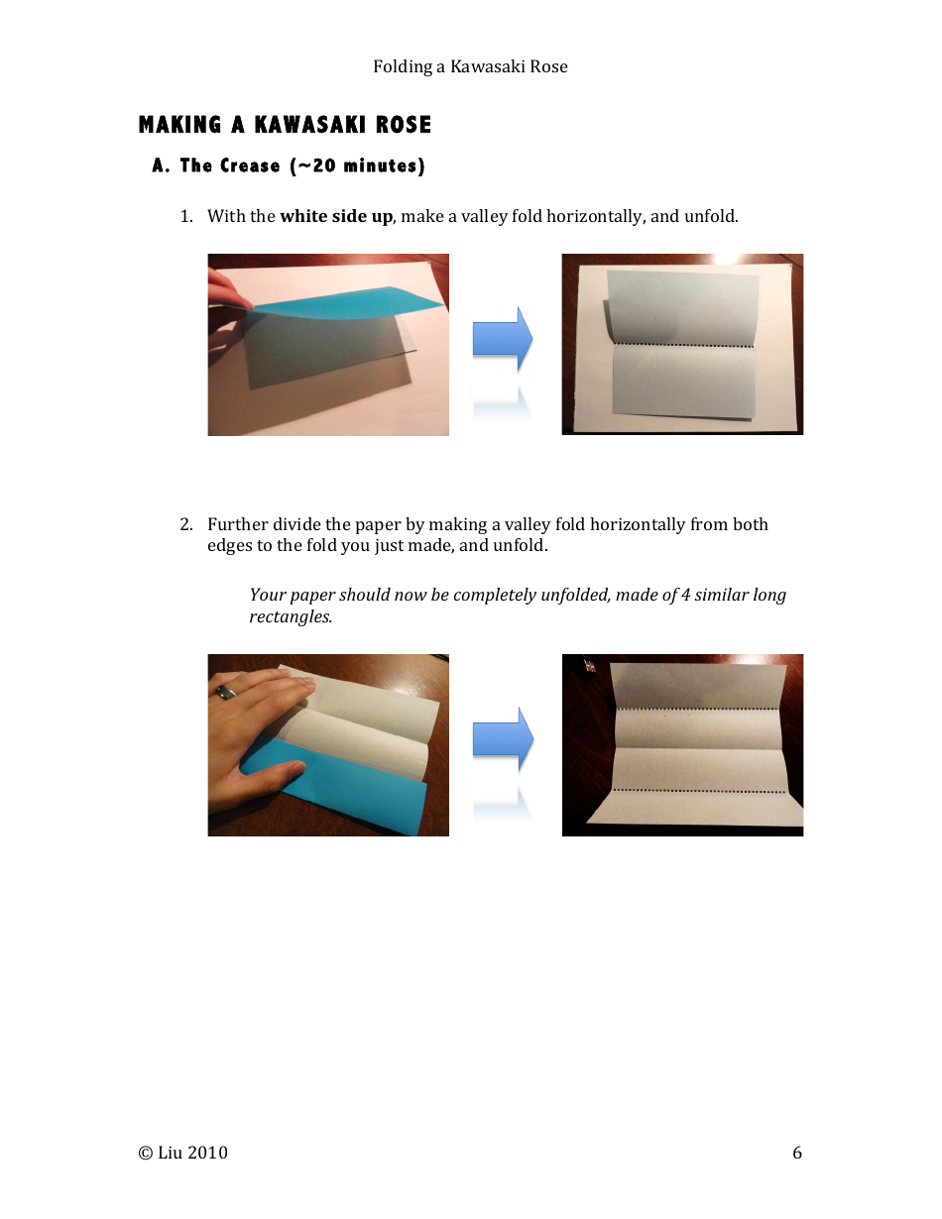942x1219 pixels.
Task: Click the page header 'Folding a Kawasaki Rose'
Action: [x=470, y=66]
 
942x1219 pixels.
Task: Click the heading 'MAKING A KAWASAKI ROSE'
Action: [x=285, y=125]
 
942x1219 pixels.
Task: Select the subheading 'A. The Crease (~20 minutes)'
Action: [x=289, y=166]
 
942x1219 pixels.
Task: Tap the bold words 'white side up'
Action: [x=336, y=216]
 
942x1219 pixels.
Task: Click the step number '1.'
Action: [x=185, y=216]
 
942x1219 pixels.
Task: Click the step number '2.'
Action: [x=185, y=524]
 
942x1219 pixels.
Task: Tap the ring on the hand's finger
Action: [x=226, y=692]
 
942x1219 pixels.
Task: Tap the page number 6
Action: [x=797, y=1153]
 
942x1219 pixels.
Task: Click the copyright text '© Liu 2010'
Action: [x=183, y=1153]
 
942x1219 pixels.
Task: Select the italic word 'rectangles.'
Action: [x=290, y=616]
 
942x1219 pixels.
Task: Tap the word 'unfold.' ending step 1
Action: [x=711, y=216]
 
